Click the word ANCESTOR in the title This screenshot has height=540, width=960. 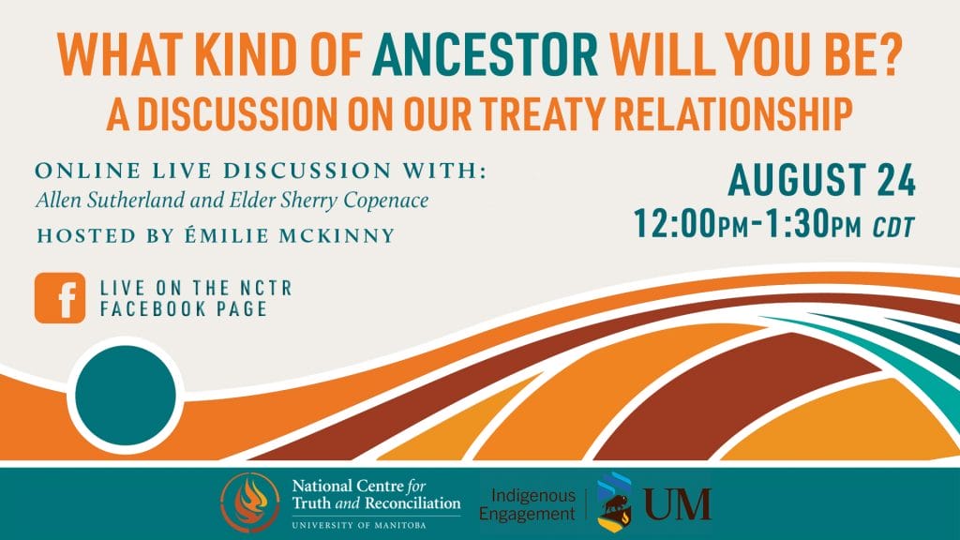coord(485,54)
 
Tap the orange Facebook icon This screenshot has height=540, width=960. coord(60,298)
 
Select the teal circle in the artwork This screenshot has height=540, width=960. coord(126,395)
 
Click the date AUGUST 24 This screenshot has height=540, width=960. coord(821,180)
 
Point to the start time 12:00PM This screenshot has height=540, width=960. coord(691,223)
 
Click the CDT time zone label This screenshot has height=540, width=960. coord(893,227)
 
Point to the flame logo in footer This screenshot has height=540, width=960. coord(249,502)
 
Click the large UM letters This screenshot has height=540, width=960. coord(677,503)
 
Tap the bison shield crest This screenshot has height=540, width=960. coord(615,502)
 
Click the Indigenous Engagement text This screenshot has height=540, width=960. coord(527,503)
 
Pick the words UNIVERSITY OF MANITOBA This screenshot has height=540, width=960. coord(359,525)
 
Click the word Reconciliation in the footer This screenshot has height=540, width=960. coord(412,503)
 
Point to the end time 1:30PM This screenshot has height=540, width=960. coord(813,223)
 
